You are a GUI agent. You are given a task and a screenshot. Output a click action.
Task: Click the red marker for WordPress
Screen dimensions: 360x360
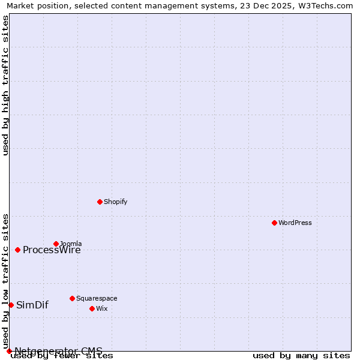[274, 223]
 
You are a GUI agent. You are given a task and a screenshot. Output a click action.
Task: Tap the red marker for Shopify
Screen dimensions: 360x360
[100, 202]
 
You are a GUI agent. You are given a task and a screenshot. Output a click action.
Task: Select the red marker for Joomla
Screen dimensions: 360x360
[56, 244]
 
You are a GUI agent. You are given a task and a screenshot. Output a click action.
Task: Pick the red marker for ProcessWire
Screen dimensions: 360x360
[17, 250]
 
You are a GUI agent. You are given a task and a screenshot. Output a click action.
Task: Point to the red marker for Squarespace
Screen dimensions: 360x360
[72, 298]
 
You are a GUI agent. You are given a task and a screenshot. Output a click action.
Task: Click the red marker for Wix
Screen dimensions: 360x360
[92, 308]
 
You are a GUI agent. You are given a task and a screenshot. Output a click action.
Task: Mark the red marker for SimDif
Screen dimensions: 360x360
[11, 305]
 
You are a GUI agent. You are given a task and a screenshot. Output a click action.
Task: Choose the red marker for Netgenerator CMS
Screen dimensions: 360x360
[9, 351]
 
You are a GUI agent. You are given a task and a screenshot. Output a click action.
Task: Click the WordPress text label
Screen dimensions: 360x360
[295, 223]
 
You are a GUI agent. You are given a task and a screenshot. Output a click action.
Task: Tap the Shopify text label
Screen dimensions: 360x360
[115, 202]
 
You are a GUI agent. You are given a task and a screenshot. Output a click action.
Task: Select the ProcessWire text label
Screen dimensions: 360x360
[52, 250]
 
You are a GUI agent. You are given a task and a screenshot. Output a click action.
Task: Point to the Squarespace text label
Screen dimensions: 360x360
[97, 298]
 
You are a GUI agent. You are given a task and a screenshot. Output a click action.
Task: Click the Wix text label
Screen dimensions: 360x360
[101, 308]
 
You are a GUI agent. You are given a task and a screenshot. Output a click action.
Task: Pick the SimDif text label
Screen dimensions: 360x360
[32, 305]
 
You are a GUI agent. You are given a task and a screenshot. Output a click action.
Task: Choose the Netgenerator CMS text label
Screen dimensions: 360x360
[58, 350]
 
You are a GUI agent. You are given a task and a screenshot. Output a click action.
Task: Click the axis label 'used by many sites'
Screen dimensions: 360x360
[301, 356]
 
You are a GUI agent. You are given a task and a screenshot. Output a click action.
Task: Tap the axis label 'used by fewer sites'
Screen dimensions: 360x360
[62, 356]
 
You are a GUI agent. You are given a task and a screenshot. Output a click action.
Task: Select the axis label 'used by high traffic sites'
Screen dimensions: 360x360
[6, 85]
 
